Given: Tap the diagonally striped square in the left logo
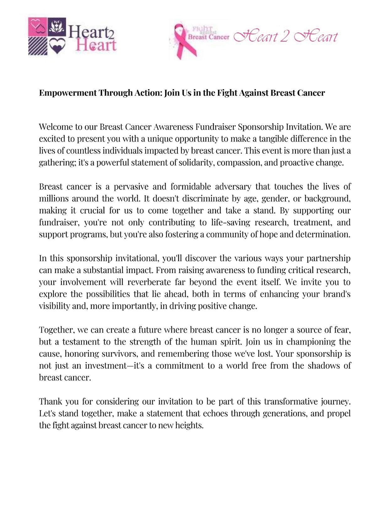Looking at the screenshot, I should [37, 46].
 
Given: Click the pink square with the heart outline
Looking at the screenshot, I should [38, 27].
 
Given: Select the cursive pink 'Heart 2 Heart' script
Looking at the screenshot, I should [285, 37].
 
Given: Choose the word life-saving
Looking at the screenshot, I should [231, 222].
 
